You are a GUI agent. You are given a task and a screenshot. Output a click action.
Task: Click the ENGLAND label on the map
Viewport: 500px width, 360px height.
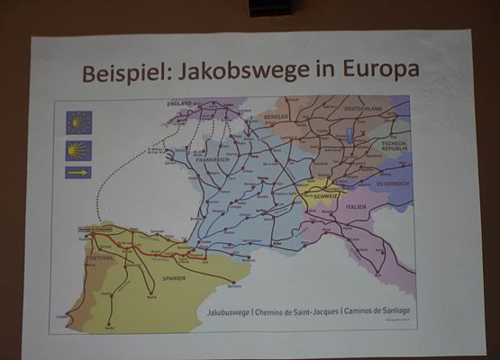[x=179, y=104]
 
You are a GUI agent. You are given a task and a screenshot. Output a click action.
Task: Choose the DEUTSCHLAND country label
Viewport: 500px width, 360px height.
[x=360, y=109]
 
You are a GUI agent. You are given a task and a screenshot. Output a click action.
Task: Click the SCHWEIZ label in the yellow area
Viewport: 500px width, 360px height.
[x=325, y=195]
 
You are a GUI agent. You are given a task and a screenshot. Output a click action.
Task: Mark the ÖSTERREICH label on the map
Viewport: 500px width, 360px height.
[x=392, y=183]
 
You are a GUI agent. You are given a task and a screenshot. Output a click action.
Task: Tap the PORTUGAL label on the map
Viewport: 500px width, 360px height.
[x=101, y=257]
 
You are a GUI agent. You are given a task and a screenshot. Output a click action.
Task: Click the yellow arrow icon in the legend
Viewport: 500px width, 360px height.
[x=78, y=172]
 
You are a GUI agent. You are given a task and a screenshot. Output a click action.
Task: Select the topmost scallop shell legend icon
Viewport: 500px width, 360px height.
[x=78, y=122]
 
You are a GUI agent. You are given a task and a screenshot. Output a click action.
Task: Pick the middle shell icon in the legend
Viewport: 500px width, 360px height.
[x=78, y=149]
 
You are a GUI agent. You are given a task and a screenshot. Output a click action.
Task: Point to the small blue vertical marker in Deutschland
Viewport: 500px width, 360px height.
[x=350, y=135]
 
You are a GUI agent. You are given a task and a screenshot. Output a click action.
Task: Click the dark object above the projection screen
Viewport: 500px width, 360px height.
[x=269, y=7]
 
